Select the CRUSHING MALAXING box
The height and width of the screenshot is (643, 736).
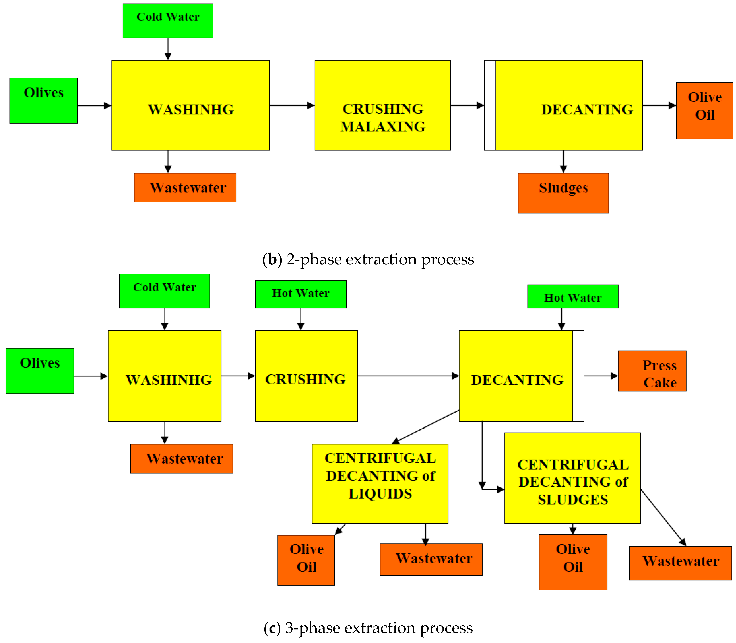point(382,105)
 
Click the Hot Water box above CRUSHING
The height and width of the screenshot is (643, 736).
point(301,294)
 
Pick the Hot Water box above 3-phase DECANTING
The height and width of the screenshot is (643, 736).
point(573,296)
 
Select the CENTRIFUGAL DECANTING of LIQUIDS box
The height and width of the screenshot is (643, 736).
point(380,483)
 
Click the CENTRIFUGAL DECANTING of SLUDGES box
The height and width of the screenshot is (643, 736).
point(572,478)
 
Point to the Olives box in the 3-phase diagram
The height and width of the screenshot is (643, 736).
point(40,371)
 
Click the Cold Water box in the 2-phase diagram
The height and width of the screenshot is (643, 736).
point(168,21)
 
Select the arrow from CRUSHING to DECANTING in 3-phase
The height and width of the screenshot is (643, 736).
point(408,376)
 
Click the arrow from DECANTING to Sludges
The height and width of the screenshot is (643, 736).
point(563,161)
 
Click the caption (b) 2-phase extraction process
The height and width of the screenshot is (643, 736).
point(368,259)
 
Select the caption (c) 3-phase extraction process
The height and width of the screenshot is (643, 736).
point(368,628)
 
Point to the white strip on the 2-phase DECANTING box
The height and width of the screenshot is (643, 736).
point(490,105)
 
